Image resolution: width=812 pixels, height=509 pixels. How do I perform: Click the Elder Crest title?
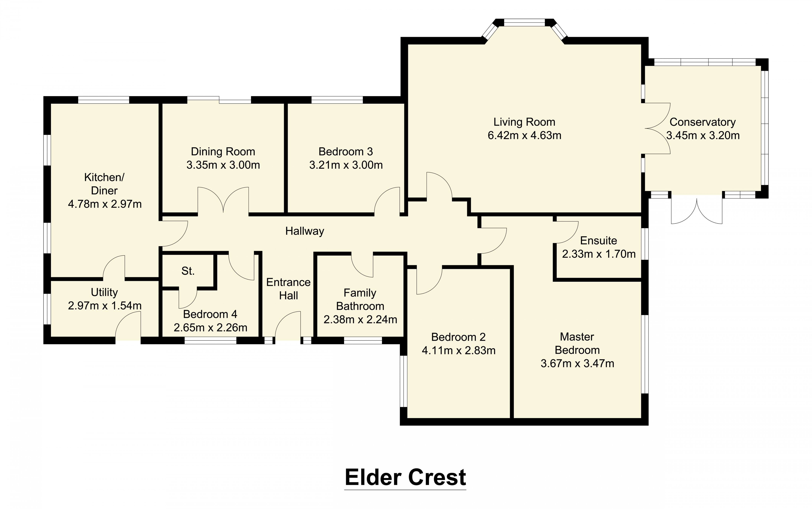coord(405,477)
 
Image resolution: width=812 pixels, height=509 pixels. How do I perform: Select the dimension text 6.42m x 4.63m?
coord(524,135)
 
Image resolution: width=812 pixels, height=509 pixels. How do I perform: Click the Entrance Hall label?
coord(288,289)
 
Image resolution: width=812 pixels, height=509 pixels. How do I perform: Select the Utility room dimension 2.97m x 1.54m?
coord(105,306)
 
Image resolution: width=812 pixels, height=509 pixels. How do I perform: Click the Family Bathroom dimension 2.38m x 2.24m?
coord(360,319)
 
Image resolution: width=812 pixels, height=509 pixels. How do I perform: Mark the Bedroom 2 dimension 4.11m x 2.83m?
coord(458,350)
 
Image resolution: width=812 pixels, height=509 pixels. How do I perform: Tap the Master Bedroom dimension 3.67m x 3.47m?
coord(577,364)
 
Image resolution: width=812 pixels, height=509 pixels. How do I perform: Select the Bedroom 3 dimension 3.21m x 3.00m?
coord(346,165)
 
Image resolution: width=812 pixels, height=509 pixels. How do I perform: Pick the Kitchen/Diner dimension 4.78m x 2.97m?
coord(105,204)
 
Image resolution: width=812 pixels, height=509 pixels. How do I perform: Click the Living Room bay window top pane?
coord(524,23)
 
